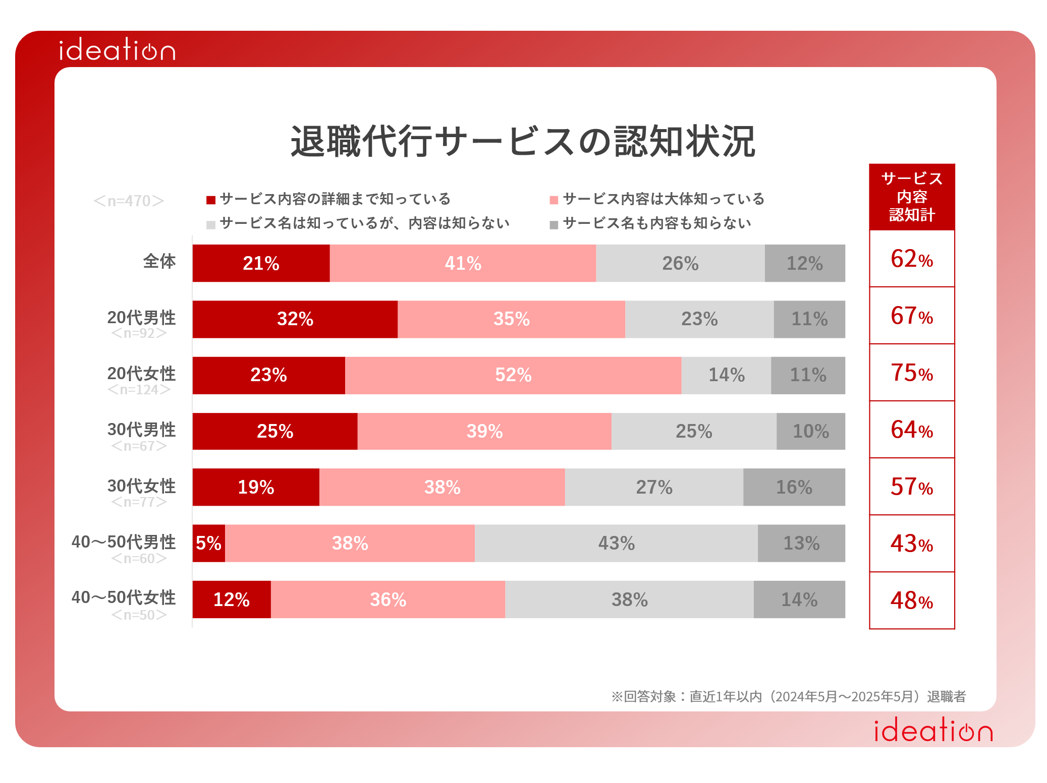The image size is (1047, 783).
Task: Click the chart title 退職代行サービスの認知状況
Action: coord(523,141)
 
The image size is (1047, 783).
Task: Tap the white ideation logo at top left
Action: coord(117,50)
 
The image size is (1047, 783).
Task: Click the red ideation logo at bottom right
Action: coord(933,731)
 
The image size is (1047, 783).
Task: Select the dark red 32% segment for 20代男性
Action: coord(295,319)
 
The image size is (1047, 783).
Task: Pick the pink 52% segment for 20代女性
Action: coord(513,375)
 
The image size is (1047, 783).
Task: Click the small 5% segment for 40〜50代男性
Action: coord(208,543)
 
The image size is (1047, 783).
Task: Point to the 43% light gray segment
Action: coord(616,543)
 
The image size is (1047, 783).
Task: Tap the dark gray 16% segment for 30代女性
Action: coord(794,487)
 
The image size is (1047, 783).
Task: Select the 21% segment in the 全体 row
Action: coord(261,263)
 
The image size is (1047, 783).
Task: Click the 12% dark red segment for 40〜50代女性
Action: coord(232,599)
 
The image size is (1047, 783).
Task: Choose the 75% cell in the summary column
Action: coord(912,373)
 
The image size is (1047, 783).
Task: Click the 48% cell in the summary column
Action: coord(912,600)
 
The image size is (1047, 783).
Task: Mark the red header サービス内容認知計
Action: coord(912,197)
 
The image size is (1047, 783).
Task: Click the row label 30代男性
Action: coord(141,430)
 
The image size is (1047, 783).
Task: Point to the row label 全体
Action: coord(159,261)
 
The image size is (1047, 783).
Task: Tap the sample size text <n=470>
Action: coord(129,201)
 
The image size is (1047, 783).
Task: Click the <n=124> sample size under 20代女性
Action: coord(139,390)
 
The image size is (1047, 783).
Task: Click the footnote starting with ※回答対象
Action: coord(788,696)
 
